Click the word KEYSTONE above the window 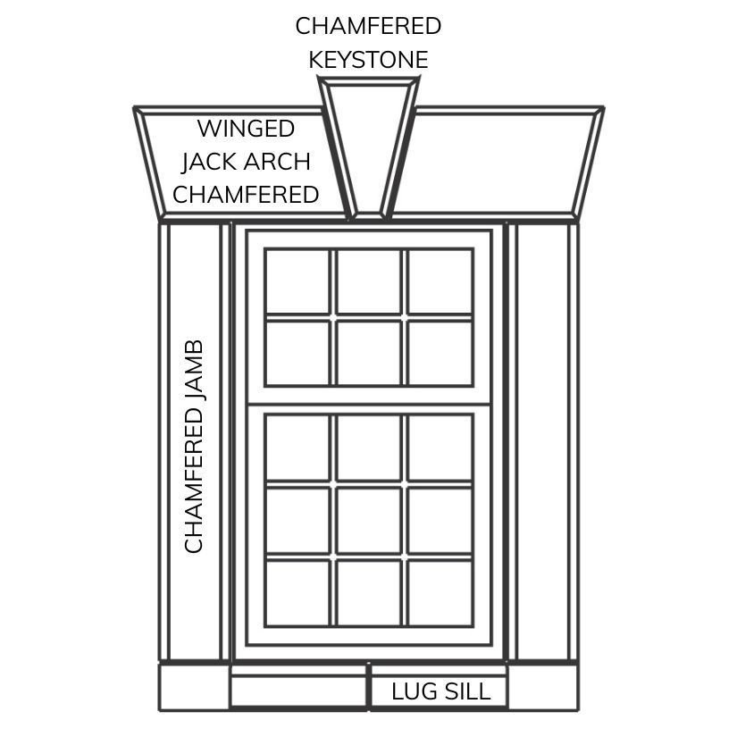click(x=368, y=60)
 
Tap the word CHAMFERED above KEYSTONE click(x=368, y=26)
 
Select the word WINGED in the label click(x=246, y=129)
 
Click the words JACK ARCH click(x=246, y=162)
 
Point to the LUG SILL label click(x=440, y=691)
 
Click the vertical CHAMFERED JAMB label click(x=194, y=447)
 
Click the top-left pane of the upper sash click(x=297, y=281)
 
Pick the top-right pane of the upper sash click(x=440, y=281)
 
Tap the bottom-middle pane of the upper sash click(x=368, y=352)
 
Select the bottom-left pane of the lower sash click(x=297, y=592)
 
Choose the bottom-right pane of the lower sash click(x=440, y=592)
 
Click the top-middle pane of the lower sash click(x=368, y=447)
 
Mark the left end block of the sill click(x=194, y=687)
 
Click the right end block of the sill click(x=542, y=687)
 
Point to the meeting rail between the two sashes click(x=368, y=397)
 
